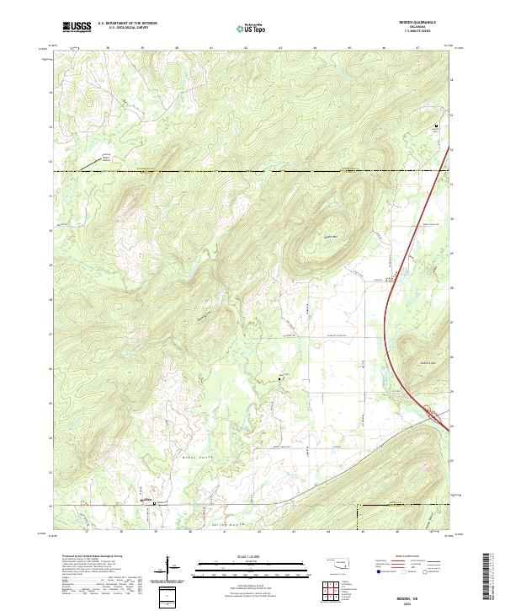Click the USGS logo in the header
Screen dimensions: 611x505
click(x=77, y=27)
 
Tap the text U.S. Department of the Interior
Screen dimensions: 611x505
click(x=127, y=24)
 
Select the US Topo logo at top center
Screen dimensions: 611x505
click(x=252, y=28)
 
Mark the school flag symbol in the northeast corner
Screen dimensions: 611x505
click(x=436, y=126)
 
